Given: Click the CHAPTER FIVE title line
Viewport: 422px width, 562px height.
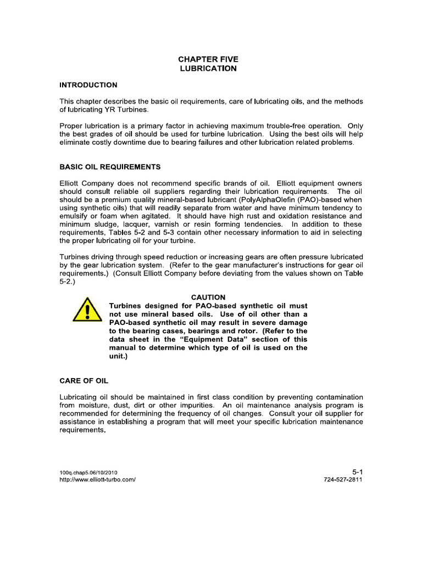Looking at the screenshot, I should (x=208, y=59).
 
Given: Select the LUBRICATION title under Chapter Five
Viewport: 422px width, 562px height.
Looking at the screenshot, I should (x=208, y=69).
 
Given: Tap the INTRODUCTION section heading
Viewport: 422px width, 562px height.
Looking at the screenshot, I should (x=88, y=85).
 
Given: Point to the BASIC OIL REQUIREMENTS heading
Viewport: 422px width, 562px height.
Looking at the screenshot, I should (x=110, y=166).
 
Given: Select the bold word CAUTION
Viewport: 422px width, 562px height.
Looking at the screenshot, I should (x=208, y=297).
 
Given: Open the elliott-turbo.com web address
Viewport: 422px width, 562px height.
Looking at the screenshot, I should (x=97, y=479).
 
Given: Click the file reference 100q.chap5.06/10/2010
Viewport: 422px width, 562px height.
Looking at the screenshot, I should (x=88, y=472).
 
